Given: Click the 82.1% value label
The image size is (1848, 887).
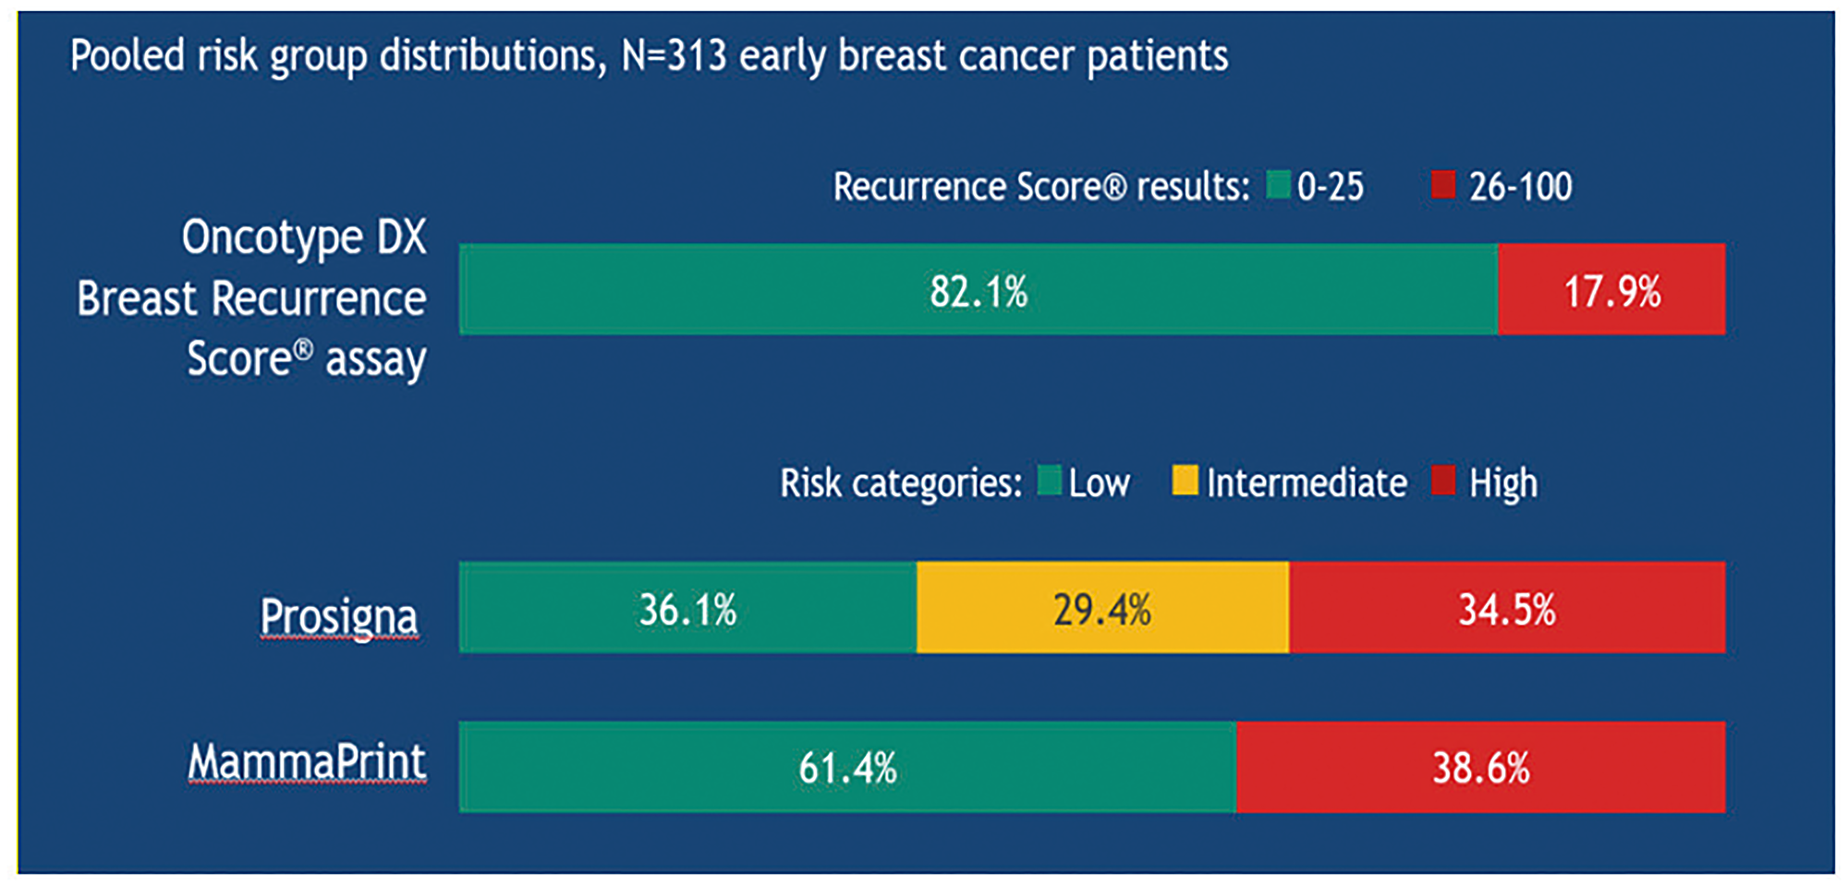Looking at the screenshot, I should (978, 292).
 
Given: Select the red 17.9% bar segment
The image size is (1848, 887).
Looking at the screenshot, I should (1611, 290).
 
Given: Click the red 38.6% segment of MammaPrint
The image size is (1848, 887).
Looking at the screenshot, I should (1480, 768).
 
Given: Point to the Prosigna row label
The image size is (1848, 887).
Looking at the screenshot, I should (338, 616).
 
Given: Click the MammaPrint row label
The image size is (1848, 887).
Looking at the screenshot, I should (307, 762).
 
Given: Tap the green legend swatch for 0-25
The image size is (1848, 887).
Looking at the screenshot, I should (1278, 185).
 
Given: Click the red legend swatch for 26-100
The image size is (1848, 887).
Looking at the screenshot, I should (1443, 185).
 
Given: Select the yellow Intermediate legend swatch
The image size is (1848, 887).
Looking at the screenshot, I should (1185, 480).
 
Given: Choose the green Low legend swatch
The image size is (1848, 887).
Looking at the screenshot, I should (1049, 480).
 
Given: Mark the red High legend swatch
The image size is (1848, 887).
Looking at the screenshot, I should (1443, 480).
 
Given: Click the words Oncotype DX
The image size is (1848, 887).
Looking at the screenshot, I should (303, 237).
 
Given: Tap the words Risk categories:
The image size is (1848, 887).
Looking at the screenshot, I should (900, 483).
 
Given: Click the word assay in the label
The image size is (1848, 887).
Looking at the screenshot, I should (375, 359).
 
